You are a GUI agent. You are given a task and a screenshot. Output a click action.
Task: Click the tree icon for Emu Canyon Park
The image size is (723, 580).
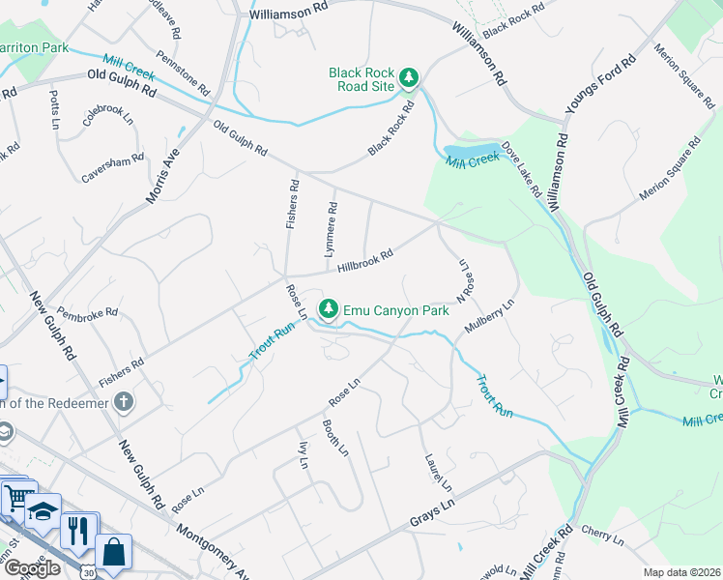pyautogui.click(x=330, y=308)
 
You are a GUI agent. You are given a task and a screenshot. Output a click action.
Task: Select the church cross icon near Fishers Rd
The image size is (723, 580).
pyautogui.click(x=123, y=401)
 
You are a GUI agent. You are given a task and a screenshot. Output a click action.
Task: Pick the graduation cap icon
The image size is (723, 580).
pyautogui.click(x=43, y=510)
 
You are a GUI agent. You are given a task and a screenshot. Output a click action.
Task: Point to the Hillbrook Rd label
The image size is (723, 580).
pyautogui.click(x=364, y=261)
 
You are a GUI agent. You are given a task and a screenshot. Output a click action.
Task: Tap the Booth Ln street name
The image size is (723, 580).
pyautogui.click(x=334, y=439)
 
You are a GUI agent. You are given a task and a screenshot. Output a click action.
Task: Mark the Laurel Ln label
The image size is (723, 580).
pyautogui.click(x=437, y=472)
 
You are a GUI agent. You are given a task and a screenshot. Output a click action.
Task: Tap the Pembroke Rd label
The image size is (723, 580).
pyautogui.click(x=87, y=313)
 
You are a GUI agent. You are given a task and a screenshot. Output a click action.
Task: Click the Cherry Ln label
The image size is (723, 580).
pyautogui.click(x=603, y=534)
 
